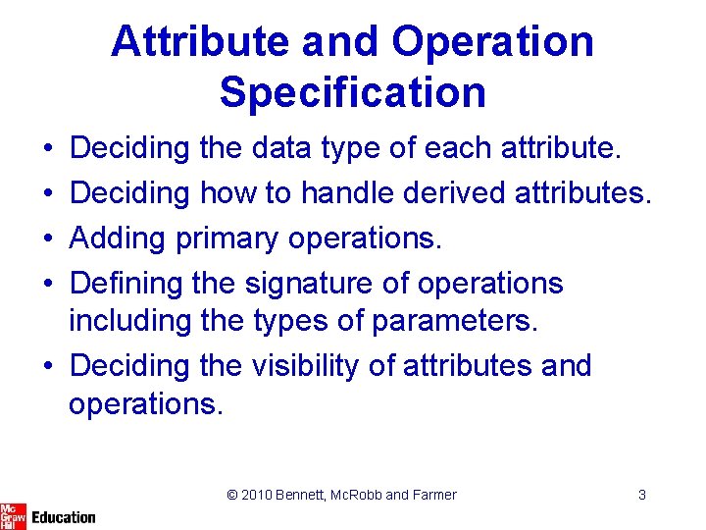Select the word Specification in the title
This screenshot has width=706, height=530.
(x=353, y=93)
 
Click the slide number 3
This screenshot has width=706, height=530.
(x=642, y=495)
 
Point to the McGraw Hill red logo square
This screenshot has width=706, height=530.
(x=13, y=517)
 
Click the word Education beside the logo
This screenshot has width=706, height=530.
(x=64, y=517)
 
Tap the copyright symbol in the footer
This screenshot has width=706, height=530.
(x=232, y=495)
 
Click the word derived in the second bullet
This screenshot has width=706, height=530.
(x=454, y=193)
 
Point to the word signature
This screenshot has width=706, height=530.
(x=309, y=285)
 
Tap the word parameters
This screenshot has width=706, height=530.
(x=455, y=322)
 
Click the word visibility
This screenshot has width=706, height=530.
(x=305, y=366)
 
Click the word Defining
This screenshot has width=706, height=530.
(x=126, y=285)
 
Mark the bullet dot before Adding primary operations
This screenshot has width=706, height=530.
(x=48, y=238)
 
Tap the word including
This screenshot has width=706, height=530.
(x=129, y=322)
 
